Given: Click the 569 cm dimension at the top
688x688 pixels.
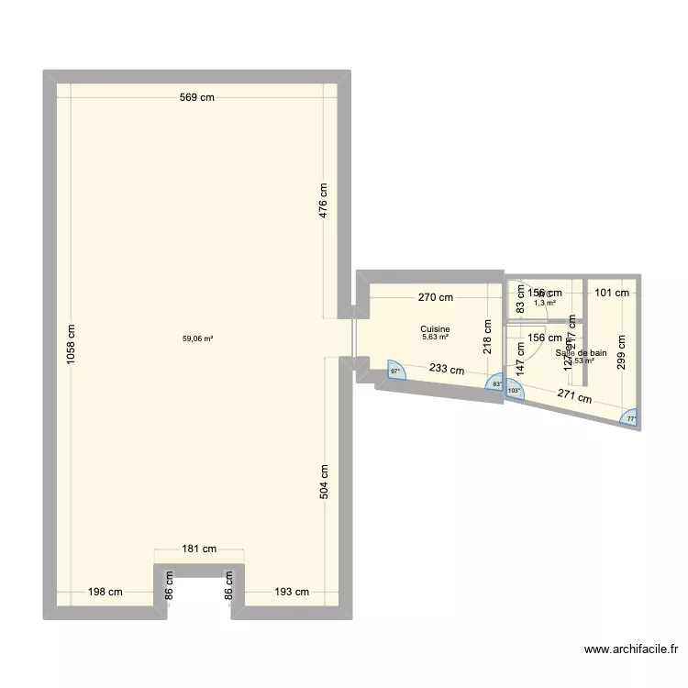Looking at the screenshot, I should (196, 97).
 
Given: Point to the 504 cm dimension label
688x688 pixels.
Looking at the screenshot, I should (323, 480).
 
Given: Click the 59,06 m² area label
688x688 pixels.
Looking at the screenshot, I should (197, 338).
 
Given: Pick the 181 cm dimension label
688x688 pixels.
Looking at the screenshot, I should (199, 549).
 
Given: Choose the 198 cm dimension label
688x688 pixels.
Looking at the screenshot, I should (105, 592).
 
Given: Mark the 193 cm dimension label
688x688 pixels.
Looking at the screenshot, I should (292, 592).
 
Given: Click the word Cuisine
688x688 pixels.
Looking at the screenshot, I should (435, 328).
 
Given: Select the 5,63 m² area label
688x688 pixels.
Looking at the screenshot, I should (435, 337).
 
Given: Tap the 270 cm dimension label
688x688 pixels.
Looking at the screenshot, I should (435, 297).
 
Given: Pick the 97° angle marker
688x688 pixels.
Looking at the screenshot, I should (395, 372).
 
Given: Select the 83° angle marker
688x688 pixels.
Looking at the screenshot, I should (497, 384).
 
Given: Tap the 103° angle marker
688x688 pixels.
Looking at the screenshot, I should (514, 390).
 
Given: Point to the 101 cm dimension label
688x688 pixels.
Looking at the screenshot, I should (612, 294).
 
